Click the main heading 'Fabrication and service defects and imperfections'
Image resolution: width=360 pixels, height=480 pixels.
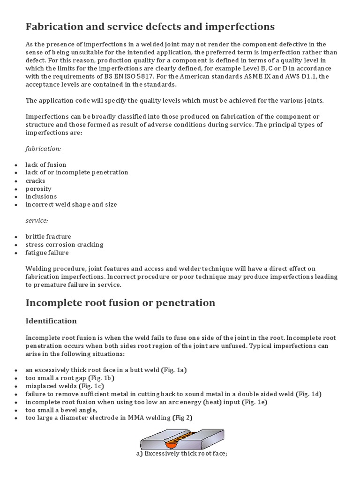click(150, 26)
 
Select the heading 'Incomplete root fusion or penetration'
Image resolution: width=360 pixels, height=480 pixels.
click(120, 303)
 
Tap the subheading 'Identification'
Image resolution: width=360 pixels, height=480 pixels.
click(51, 321)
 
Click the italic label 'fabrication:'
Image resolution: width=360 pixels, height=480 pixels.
click(43, 149)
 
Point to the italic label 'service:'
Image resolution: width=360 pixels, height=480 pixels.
click(37, 220)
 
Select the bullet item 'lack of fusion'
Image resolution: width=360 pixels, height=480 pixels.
click(46, 165)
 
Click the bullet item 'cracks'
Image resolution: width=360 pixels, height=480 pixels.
click(36, 180)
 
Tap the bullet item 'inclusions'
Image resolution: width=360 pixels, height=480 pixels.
click(41, 196)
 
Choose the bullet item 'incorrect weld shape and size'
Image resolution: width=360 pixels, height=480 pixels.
click(71, 204)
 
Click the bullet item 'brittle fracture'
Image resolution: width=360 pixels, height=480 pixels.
click(48, 237)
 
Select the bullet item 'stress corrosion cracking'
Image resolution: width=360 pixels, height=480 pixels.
click(65, 245)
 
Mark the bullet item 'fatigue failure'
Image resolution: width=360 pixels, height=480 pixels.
click(47, 253)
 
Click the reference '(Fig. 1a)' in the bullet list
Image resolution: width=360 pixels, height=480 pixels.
click(174, 370)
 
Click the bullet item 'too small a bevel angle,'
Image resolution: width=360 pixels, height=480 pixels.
click(57, 410)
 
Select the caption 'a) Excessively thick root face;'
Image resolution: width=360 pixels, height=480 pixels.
click(180, 454)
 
